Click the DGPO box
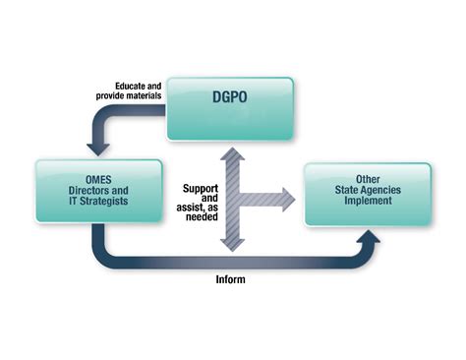click(x=229, y=109)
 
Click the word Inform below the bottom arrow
click(x=230, y=279)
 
